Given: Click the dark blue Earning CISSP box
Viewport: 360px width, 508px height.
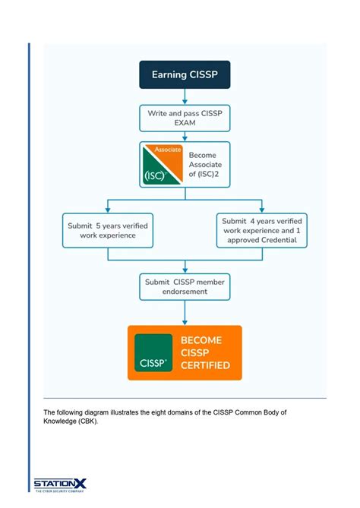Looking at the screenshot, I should [185, 74].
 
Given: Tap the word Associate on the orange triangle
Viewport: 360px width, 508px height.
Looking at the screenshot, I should [167, 150].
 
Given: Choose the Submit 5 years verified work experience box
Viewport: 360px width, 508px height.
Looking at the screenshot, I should [107, 230].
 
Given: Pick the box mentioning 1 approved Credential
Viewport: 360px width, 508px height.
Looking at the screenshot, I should [261, 230].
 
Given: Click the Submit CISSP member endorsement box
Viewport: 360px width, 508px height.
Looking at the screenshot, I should [185, 287].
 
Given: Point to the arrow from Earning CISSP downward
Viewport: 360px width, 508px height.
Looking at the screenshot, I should [185, 96].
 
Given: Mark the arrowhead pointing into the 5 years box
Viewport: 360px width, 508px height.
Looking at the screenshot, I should [107, 210].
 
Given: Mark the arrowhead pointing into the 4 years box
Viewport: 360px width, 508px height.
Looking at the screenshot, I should [261, 210].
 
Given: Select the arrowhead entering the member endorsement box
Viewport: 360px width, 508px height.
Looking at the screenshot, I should [185, 270].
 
